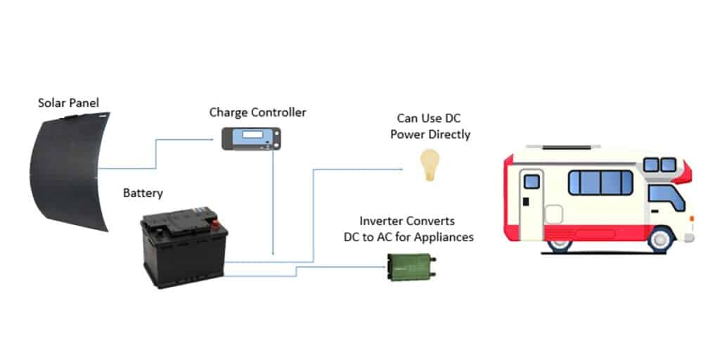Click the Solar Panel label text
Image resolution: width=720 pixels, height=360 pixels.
point(68,103)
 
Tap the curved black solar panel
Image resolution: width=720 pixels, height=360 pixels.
point(67,169)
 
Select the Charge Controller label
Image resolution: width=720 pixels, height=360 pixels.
point(257,112)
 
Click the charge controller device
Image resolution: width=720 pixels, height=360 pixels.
point(251,138)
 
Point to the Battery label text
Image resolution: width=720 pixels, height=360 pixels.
point(143,193)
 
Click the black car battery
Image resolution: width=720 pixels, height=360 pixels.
point(184,250)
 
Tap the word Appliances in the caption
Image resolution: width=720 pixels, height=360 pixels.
point(441,237)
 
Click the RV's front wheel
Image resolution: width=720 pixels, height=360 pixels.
point(660,239)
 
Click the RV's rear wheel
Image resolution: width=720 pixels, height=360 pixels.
point(560,240)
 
